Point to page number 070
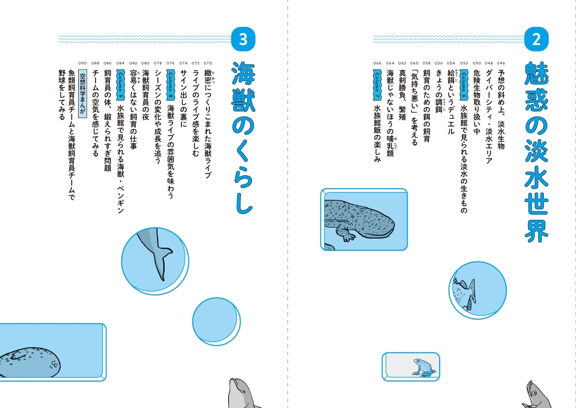(208, 63)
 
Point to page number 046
(501, 63)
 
